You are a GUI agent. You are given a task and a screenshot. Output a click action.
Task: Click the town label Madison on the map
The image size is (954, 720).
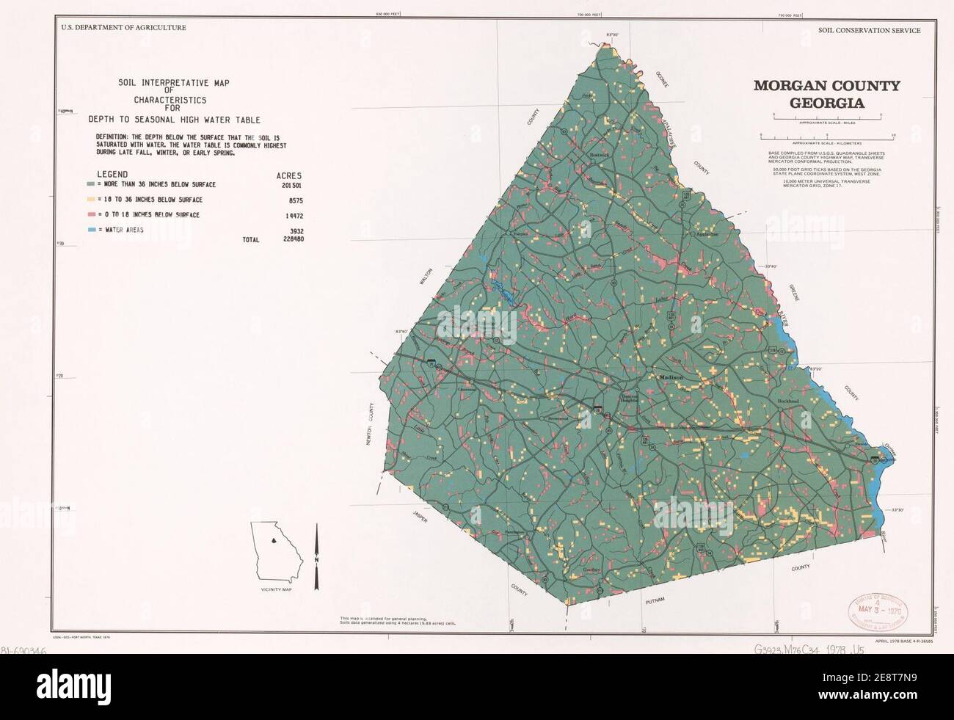pyautogui.click(x=671, y=377)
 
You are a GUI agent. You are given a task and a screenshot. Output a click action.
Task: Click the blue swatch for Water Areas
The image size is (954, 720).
pyautogui.click(x=90, y=230)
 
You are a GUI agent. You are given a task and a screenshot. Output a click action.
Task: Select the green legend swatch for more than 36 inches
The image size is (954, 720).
pyautogui.click(x=90, y=185)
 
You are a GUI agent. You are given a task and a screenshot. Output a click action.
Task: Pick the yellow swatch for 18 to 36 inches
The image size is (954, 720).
pyautogui.click(x=90, y=200)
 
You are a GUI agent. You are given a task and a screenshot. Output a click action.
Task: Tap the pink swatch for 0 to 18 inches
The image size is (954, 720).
pyautogui.click(x=90, y=215)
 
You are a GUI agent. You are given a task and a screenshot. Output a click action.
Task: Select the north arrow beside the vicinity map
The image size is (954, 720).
pyautogui.click(x=316, y=557)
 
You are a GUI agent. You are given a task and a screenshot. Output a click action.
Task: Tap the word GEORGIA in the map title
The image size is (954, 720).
pyautogui.click(x=826, y=103)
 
